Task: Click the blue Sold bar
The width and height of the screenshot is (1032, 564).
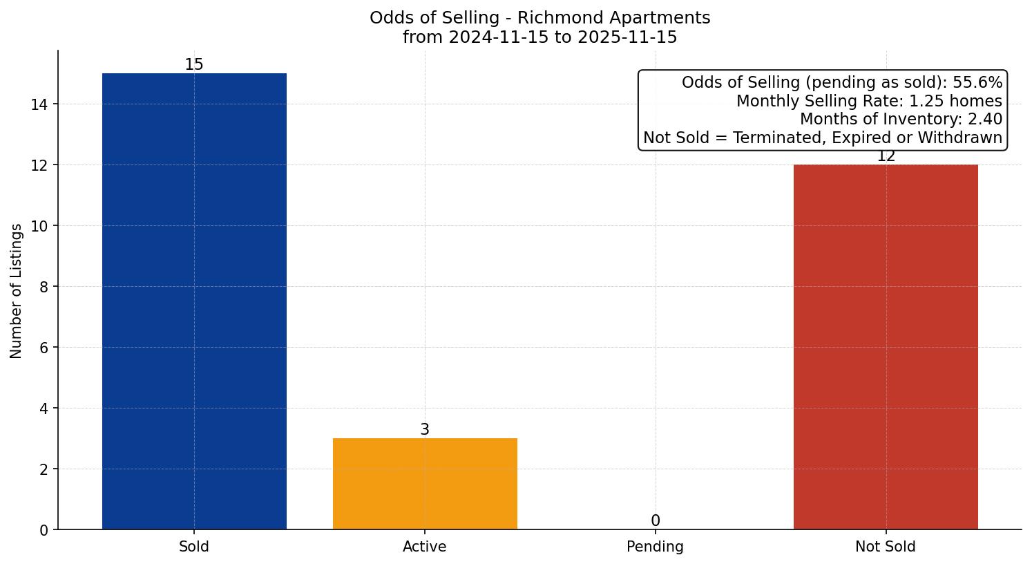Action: pos(194,301)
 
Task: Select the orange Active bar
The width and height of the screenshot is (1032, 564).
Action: pos(425,483)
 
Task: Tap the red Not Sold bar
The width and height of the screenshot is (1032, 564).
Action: pos(886,346)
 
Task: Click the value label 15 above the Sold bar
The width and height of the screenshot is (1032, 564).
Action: pos(194,64)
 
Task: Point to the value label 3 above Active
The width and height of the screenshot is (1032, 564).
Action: pos(425,429)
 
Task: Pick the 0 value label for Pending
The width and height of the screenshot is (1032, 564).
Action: pos(655,520)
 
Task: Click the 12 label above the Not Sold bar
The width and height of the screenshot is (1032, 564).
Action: pos(886,157)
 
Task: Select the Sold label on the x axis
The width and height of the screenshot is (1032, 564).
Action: pos(194,547)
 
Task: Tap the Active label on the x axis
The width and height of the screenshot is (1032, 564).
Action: pos(425,547)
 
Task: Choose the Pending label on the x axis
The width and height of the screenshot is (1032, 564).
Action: pos(655,547)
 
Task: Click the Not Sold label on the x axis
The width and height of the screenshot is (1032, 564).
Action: pos(886,547)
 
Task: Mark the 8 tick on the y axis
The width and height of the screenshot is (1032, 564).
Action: pos(44,287)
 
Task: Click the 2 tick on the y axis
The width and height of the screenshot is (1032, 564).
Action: pos(44,469)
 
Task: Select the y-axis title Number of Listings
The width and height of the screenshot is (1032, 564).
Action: pos(17,290)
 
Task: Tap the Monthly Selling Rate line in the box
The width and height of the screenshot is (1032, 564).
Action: pos(869,101)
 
